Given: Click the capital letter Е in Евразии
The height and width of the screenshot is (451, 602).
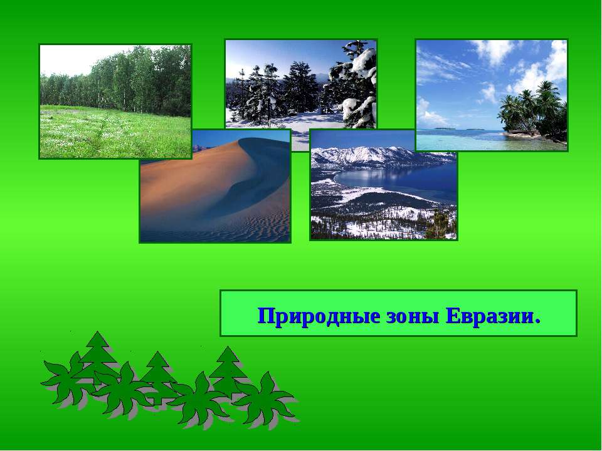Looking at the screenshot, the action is coord(452,316).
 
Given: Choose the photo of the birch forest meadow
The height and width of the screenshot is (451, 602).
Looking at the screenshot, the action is coord(115,101).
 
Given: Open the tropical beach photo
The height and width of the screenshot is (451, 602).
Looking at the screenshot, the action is coord(492,95).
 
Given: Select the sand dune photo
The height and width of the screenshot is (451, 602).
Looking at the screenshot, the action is coord(215,186).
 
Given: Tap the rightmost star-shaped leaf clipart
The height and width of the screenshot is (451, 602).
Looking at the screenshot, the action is coord(264,399).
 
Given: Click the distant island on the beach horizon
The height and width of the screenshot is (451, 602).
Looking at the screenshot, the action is coord(445,128).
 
